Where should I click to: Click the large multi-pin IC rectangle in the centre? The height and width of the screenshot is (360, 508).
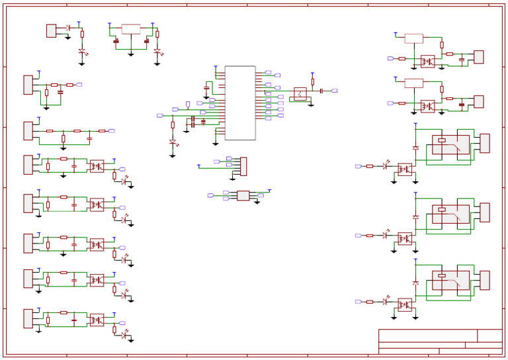click(x=239, y=103)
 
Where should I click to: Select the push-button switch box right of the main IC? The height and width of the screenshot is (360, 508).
click(x=300, y=93)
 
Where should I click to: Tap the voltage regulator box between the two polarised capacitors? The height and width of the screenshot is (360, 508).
click(x=131, y=29)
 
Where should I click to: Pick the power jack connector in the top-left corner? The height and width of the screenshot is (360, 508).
click(x=51, y=30)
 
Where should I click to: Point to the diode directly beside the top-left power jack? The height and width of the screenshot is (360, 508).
click(x=69, y=28)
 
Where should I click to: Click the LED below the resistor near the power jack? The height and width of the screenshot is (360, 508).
click(x=82, y=51)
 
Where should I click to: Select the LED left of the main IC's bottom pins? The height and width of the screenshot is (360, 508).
click(x=173, y=142)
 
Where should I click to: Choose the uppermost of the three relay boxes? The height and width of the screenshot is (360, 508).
click(x=450, y=144)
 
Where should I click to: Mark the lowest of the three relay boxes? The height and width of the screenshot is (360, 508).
click(x=450, y=280)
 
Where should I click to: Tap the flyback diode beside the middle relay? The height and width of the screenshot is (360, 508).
click(x=415, y=216)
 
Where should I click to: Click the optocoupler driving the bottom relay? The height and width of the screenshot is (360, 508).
click(x=405, y=304)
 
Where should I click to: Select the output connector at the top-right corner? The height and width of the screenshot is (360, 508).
click(x=478, y=57)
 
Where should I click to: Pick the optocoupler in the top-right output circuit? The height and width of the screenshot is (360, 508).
click(x=427, y=61)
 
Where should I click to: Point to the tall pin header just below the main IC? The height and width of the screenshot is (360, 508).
click(x=243, y=166)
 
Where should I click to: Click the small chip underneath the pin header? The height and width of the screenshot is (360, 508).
click(x=243, y=195)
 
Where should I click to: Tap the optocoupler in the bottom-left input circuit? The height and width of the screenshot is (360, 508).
click(x=97, y=320)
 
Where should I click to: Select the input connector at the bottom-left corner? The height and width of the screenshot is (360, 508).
click(x=28, y=318)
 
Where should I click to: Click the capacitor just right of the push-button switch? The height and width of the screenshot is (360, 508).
click(x=321, y=90)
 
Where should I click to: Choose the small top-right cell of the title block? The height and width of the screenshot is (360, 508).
click(x=489, y=336)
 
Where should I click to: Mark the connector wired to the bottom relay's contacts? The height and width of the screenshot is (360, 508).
click(x=485, y=280)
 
